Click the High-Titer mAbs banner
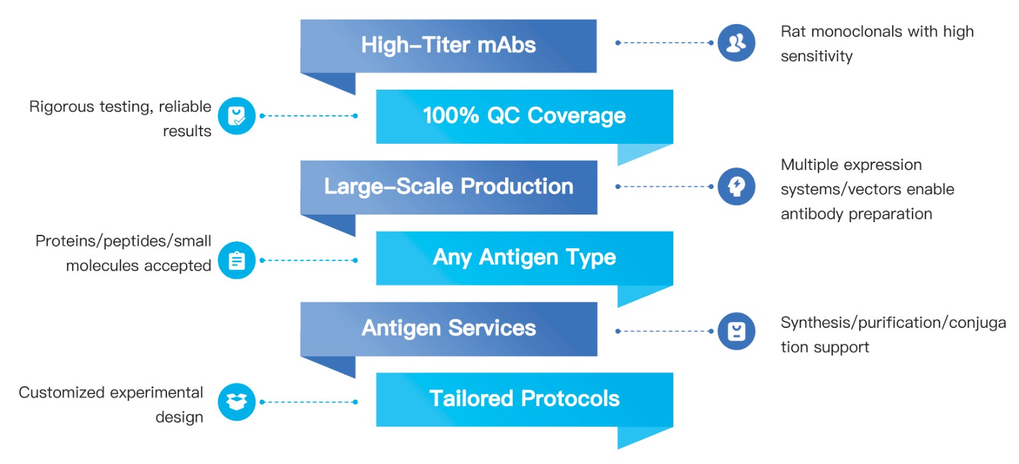(448, 46)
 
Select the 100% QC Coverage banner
(525, 116)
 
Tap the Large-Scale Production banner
(448, 187)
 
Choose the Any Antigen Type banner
(525, 258)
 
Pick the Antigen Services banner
(448, 329)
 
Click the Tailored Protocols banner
(525, 400)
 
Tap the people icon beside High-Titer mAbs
(736, 43)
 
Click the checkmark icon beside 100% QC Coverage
(236, 116)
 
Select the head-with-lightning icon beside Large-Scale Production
(736, 186)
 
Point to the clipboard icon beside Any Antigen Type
(236, 260)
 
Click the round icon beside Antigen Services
(736, 331)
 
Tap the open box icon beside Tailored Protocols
(236, 402)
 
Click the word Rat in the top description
(793, 31)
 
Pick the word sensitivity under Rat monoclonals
(816, 57)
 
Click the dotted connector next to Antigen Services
(664, 331)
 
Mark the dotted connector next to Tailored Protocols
(309, 402)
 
